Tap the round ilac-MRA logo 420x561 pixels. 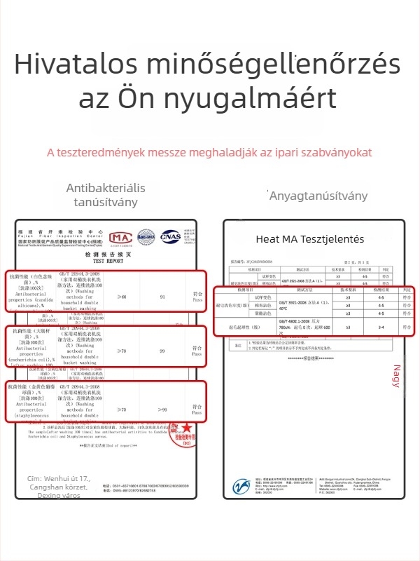pos(146,237)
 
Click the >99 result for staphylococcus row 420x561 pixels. pos(162,409)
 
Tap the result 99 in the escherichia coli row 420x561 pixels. pos(162,350)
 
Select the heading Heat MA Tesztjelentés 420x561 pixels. pos(309,239)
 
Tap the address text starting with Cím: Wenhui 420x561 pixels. pos(59,487)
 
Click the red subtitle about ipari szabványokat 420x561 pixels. pos(209,152)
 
